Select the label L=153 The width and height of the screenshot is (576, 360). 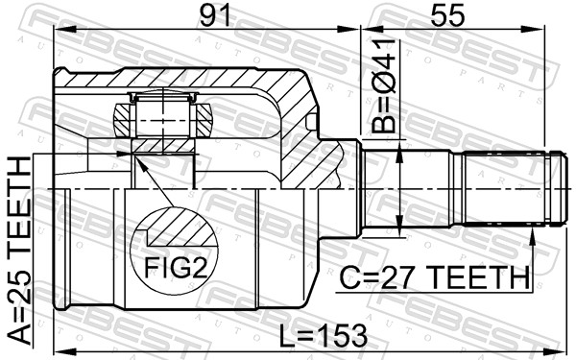[x=324, y=335]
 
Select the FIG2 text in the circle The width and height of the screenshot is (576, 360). [x=177, y=267]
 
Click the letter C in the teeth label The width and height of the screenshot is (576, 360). [x=348, y=278]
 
